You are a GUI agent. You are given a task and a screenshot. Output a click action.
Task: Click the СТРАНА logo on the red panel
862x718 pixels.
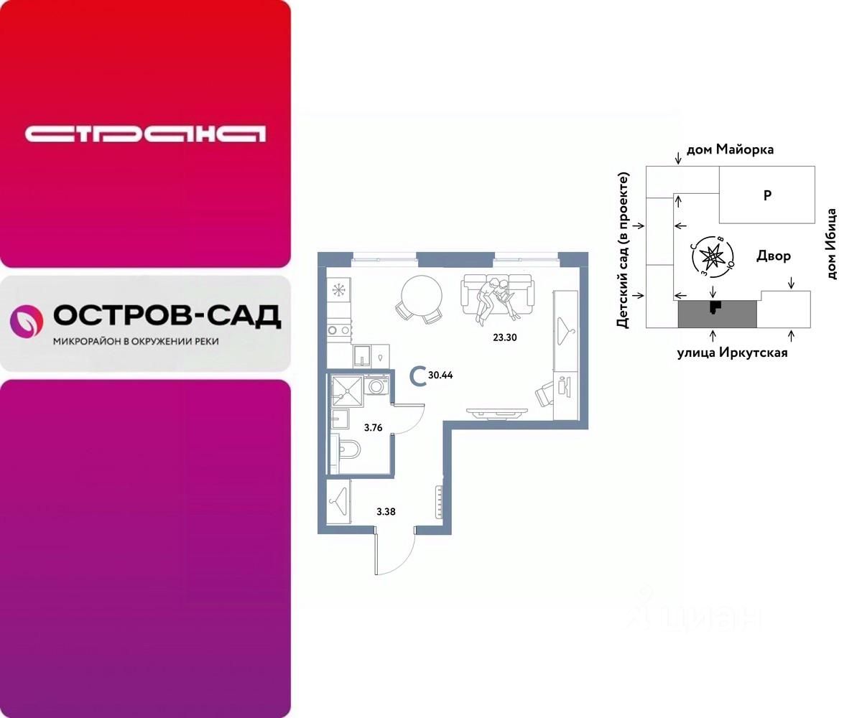[x=145, y=134]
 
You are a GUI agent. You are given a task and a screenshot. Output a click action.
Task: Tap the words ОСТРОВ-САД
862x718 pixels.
[x=167, y=315]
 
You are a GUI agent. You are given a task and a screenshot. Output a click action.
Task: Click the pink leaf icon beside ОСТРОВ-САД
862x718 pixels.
[x=26, y=321]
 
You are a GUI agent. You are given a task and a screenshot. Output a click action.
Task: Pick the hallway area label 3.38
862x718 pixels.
[x=386, y=512]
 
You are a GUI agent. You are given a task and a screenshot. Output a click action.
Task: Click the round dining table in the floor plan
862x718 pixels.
[x=422, y=294]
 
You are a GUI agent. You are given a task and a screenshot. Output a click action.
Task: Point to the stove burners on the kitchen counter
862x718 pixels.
[x=338, y=330]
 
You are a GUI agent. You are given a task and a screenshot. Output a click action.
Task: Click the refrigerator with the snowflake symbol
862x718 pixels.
[x=338, y=290]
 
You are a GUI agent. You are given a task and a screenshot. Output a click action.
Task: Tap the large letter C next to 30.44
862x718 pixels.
[x=416, y=375]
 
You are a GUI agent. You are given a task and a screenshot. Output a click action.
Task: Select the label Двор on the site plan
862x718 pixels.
[x=774, y=256]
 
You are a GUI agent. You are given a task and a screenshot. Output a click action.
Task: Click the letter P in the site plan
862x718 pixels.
[x=767, y=195]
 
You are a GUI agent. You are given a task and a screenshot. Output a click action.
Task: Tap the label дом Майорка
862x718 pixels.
[x=730, y=150]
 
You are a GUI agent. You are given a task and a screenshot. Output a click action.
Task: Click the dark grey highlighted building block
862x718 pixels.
[x=718, y=314]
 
